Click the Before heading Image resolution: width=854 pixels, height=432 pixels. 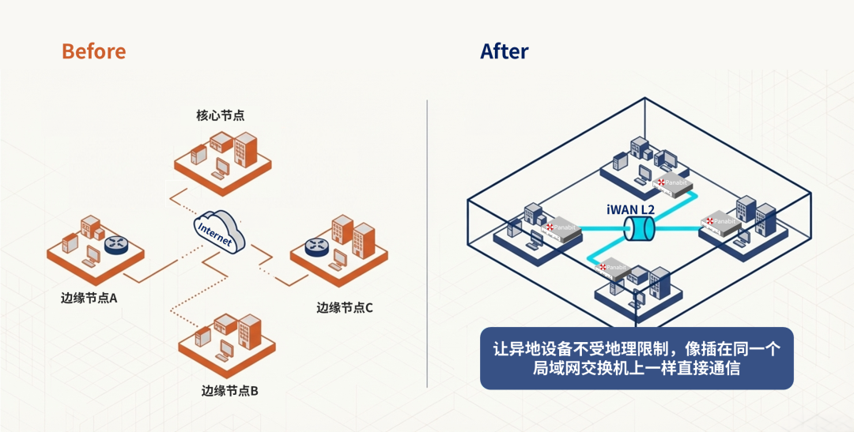pyautogui.click(x=93, y=51)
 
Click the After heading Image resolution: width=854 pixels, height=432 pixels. pyautogui.click(x=504, y=51)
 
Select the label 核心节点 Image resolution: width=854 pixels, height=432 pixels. pyautogui.click(x=220, y=115)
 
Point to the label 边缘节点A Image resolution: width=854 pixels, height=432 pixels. pyautogui.click(x=89, y=299)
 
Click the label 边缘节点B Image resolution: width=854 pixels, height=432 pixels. pyautogui.click(x=230, y=390)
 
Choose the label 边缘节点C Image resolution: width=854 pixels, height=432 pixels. pyautogui.click(x=344, y=307)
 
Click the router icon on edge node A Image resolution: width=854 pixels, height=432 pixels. pyautogui.click(x=117, y=244)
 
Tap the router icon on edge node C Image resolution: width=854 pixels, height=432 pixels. pyautogui.click(x=317, y=248)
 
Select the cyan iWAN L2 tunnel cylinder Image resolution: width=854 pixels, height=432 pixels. pyautogui.click(x=639, y=230)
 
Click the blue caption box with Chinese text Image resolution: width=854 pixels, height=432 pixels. pyautogui.click(x=637, y=359)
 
